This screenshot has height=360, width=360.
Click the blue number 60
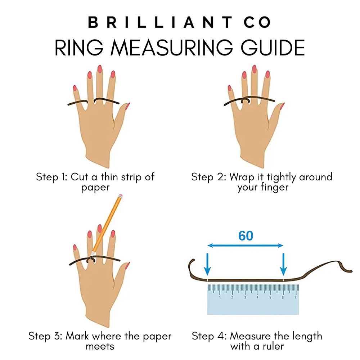(x=246, y=236)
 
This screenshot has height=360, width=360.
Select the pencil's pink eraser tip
(x=120, y=197)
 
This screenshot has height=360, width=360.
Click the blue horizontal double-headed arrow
(x=246, y=246)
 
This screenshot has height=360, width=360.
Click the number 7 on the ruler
(x=296, y=297)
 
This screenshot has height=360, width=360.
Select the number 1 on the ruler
(x=220, y=297)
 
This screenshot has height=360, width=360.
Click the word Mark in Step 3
(x=78, y=337)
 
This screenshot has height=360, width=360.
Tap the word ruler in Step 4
(x=272, y=347)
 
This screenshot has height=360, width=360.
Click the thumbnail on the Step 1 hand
(x=127, y=106)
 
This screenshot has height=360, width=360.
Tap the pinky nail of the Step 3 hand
(x=75, y=247)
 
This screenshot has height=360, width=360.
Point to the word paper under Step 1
(x=95, y=188)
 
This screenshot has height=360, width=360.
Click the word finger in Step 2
(x=276, y=188)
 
